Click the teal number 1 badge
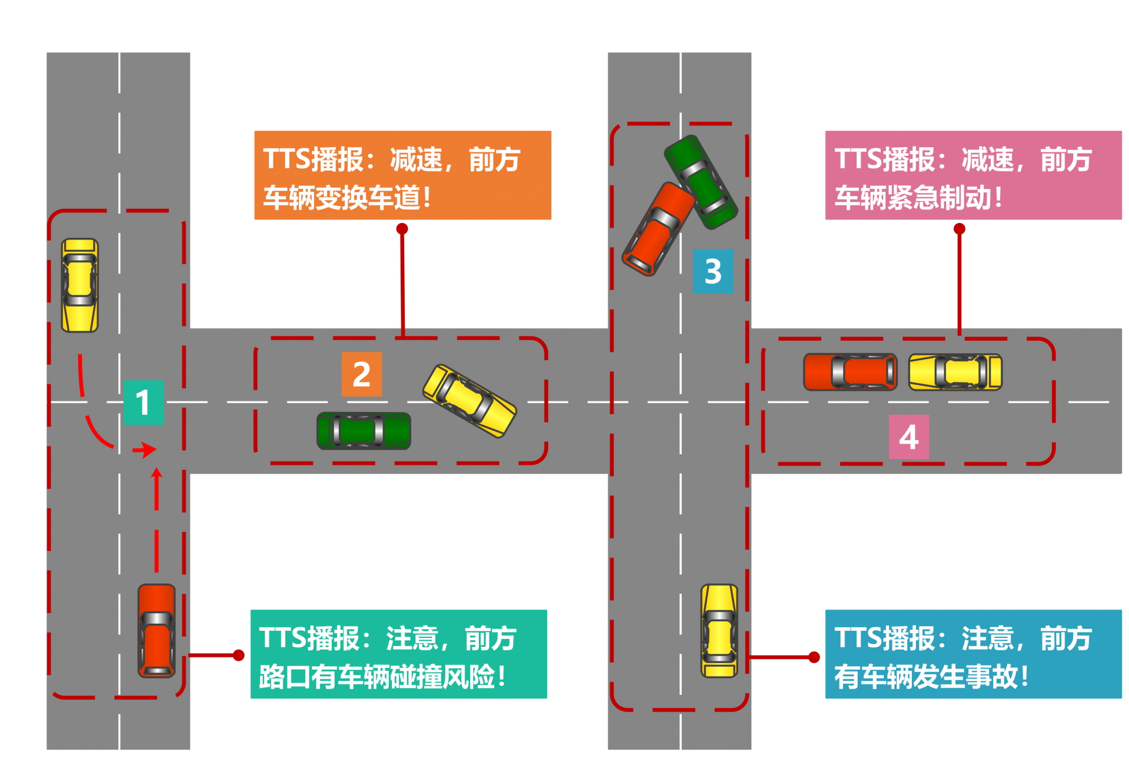tap(143, 403)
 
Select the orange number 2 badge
tap(362, 374)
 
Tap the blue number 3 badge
tap(713, 271)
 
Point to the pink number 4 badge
tap(909, 437)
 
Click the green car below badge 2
tap(364, 431)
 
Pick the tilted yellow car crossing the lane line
tap(469, 401)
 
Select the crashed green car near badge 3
tap(701, 182)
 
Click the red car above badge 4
tap(850, 372)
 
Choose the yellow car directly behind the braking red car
tap(955, 372)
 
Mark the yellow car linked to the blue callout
tap(719, 630)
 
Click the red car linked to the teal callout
tap(156, 630)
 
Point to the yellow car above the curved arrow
tap(80, 285)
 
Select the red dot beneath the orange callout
tap(402, 228)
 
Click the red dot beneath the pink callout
tap(960, 228)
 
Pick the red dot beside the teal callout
tap(239, 655)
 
